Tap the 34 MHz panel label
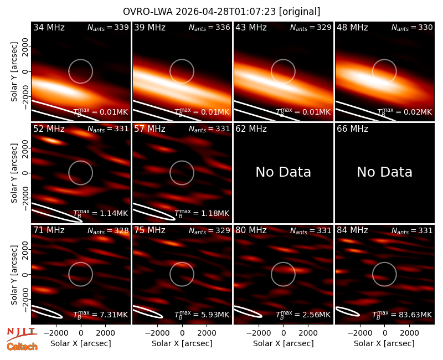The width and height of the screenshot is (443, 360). [49, 27]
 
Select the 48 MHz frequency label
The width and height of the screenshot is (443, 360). [352, 27]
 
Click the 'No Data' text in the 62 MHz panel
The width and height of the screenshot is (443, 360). [283, 172]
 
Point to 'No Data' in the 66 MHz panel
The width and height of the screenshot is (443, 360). [384, 172]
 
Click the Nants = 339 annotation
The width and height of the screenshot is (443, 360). [108, 27]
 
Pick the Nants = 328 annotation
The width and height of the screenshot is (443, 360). [108, 230]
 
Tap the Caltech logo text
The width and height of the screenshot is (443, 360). [22, 347]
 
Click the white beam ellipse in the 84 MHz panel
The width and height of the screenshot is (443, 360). [347, 311]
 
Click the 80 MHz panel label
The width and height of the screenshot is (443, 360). [251, 230]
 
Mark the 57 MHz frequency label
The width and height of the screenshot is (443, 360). [150, 129]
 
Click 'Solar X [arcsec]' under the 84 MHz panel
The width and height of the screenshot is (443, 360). [384, 343]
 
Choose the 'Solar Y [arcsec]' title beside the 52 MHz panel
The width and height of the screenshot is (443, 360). [14, 173]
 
